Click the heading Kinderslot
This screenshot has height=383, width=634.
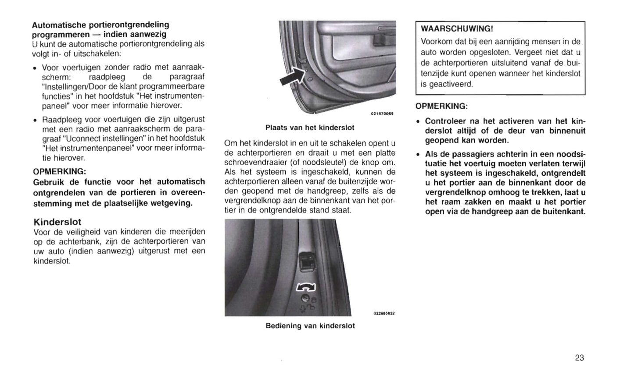(57, 222)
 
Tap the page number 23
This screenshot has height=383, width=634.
(579, 358)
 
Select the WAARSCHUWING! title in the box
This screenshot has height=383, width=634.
(457, 29)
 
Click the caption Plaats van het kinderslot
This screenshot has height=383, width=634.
(310, 128)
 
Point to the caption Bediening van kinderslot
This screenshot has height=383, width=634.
(310, 326)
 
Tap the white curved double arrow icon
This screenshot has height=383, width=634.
(306, 287)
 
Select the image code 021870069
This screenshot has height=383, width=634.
(382, 114)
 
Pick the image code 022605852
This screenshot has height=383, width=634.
(384, 313)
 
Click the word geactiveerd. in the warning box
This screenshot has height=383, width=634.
(447, 84)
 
